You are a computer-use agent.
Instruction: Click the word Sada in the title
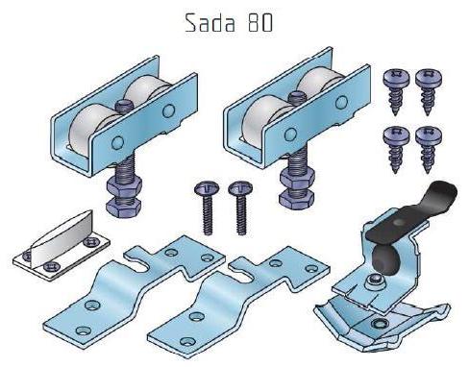tap(210, 23)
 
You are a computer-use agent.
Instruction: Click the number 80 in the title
tap(260, 23)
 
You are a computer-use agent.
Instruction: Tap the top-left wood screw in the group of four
tap(396, 91)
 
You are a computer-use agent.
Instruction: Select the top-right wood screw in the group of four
tap(429, 91)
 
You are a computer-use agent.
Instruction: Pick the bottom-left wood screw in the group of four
tap(396, 149)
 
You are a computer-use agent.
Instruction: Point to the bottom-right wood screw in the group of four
tap(429, 149)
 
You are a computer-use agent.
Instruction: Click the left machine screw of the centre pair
tap(207, 207)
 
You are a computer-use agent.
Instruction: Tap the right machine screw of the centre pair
tap(240, 208)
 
